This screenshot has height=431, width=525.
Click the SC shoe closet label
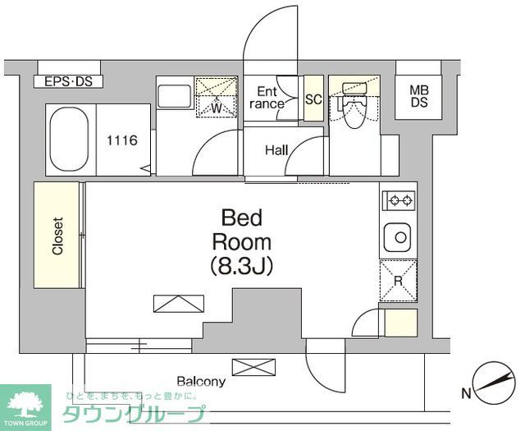[313, 99]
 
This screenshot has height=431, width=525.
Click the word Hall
[276, 150]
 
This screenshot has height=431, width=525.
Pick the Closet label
[57, 236]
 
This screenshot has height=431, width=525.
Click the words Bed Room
[241, 230]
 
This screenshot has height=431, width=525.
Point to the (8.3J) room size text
[241, 265]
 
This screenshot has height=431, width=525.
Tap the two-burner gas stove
[399, 199]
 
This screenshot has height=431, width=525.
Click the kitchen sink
[399, 238]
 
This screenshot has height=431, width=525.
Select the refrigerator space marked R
[398, 280]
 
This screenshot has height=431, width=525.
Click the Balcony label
[201, 382]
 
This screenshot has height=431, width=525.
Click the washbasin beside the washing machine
[174, 97]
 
